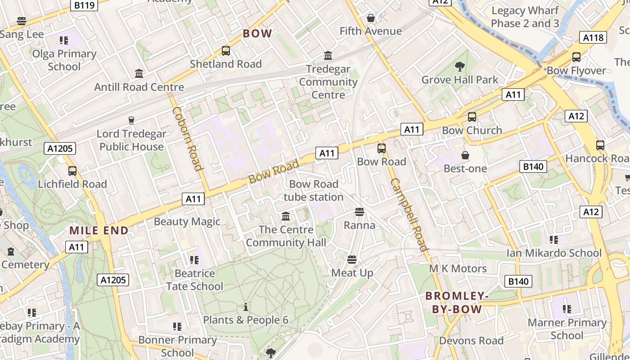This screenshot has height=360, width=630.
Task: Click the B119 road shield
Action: [85, 5]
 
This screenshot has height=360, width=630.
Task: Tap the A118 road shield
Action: [593, 38]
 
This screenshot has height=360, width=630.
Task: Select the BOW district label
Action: [257, 33]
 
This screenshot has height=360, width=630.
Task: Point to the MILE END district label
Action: [99, 230]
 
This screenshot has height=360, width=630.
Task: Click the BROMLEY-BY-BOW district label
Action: [457, 302]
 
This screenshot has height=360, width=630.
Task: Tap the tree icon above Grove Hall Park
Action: [459, 67]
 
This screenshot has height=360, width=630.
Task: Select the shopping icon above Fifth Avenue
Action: [370, 18]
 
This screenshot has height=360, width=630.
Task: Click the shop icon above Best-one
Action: [465, 155]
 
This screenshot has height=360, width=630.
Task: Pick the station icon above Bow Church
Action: [472, 117]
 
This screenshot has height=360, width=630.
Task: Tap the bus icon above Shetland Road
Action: [226, 51]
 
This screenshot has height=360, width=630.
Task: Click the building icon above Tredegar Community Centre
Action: [328, 56]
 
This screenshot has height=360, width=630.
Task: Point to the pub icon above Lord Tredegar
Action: [131, 120]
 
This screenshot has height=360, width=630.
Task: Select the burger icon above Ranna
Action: [359, 211]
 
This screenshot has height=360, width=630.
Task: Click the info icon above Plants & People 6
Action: [246, 307]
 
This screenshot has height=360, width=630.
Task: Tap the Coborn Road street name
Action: [187, 139]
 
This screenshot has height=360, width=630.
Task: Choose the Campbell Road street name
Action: [409, 214]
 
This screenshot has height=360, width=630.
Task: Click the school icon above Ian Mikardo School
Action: [553, 240]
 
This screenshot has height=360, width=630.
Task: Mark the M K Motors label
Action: [458, 269]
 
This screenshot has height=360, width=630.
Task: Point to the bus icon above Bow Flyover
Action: [576, 57]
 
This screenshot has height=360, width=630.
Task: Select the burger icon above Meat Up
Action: [352, 260]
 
